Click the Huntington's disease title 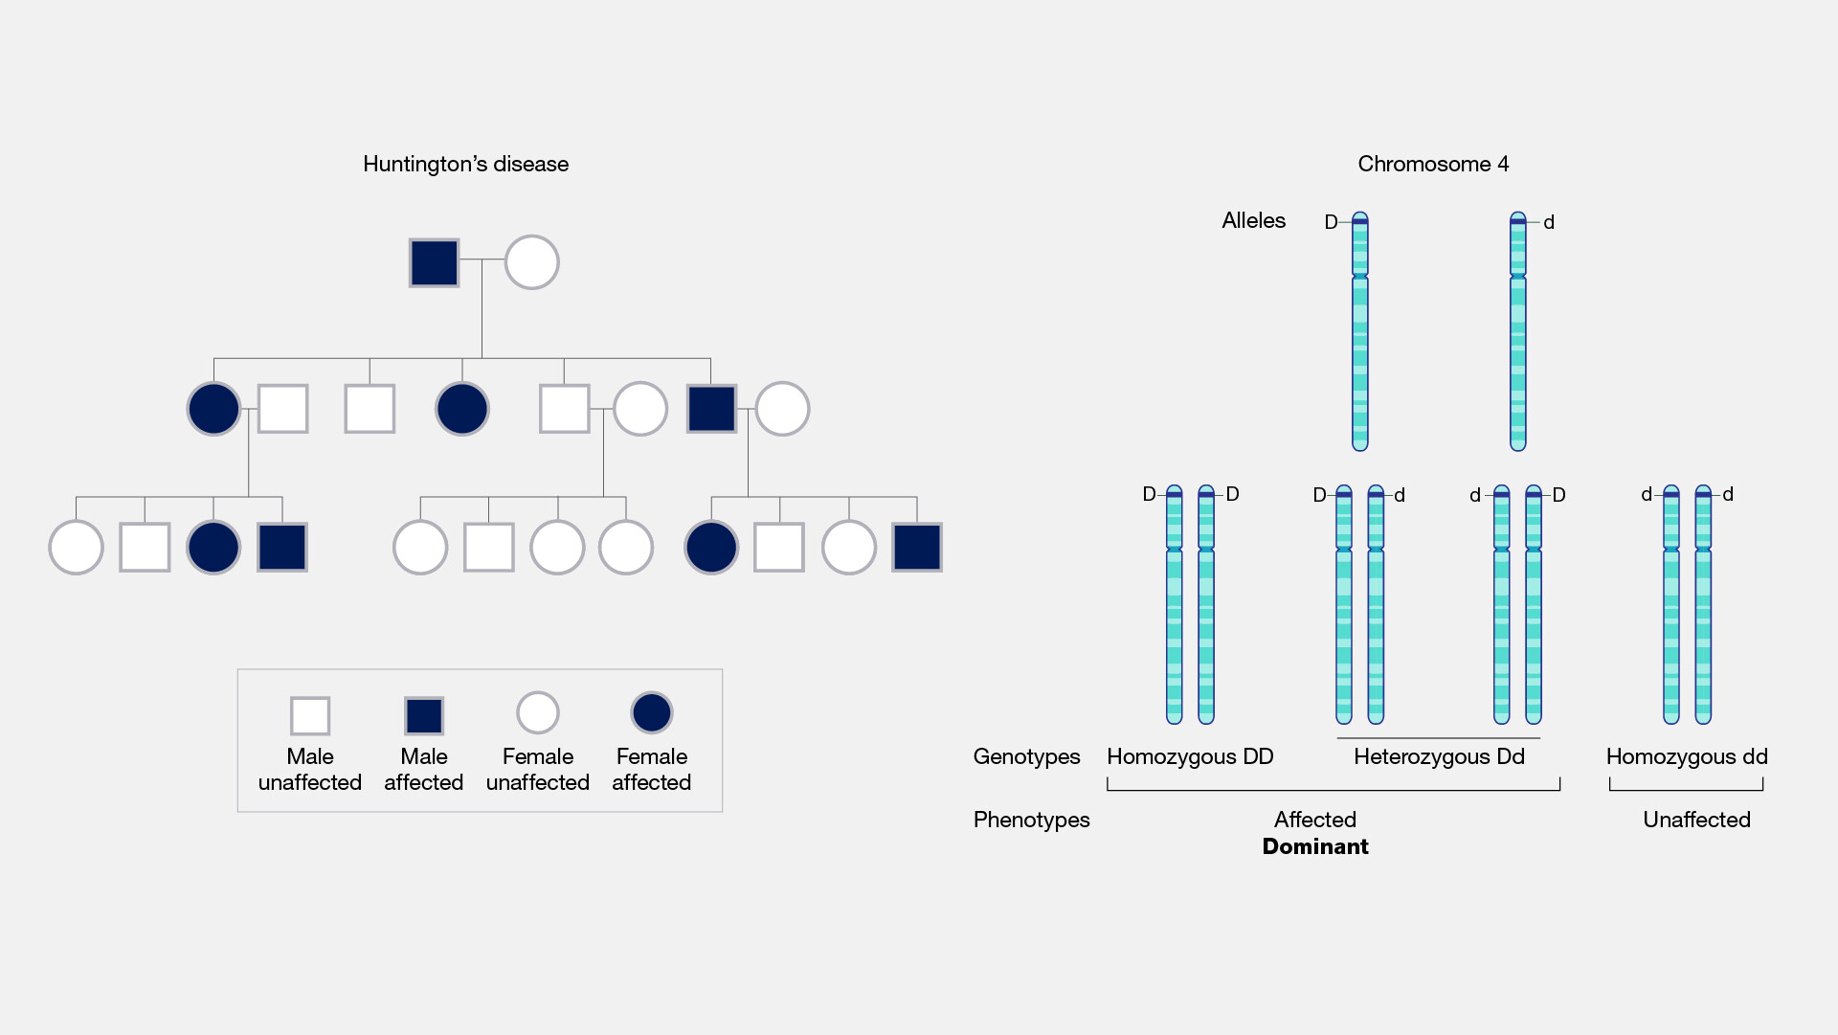coord(465,164)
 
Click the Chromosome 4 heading coord(1432,164)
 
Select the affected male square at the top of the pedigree coord(434,262)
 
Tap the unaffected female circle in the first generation coord(531,262)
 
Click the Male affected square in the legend coord(423,715)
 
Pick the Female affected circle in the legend coord(651,712)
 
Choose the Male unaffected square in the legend coord(310,715)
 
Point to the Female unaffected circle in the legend coord(537,712)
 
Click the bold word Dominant coord(1314,846)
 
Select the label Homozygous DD coord(1190,756)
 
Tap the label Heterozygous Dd coord(1438,756)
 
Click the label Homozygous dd coord(1686,756)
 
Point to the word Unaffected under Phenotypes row coord(1696,820)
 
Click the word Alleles coord(1253,220)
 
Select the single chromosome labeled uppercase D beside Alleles coord(1359,331)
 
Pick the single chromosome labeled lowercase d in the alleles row coord(1517,331)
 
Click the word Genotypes coord(1026,756)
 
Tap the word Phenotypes coord(1031,820)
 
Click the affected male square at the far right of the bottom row coord(916,547)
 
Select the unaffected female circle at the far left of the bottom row coord(76,547)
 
